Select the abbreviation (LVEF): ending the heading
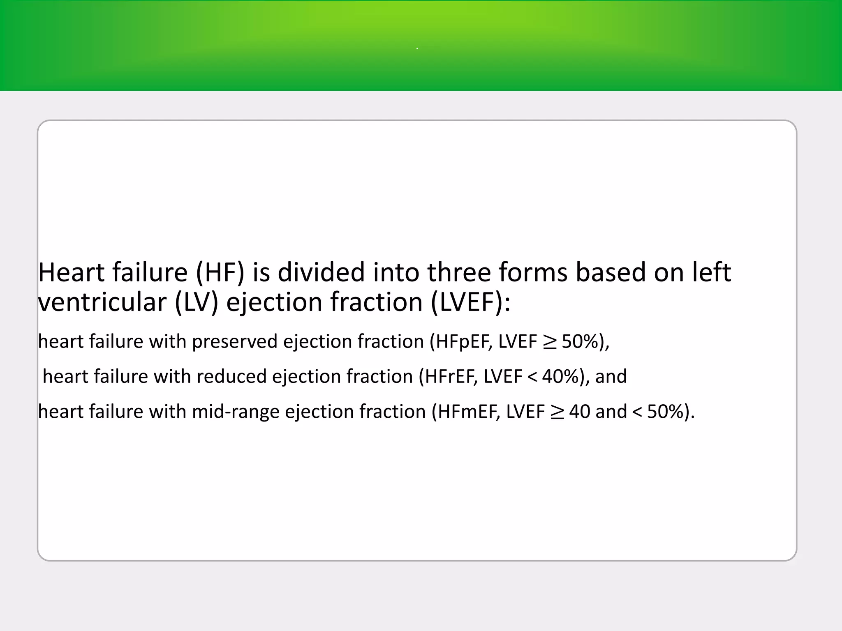pos(470,302)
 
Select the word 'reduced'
pos(232,377)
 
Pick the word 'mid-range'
pos(236,412)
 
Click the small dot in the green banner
pos(417,49)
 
